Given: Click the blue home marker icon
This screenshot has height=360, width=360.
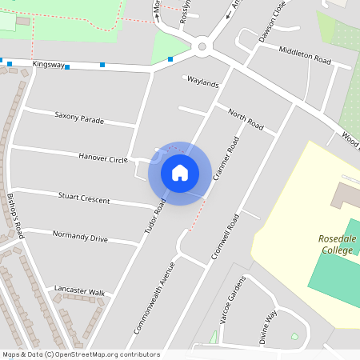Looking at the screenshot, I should tap(180, 173).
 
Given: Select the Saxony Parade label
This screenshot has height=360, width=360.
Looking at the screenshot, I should tap(79, 118).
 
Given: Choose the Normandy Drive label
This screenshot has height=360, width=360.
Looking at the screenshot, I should tap(80, 237).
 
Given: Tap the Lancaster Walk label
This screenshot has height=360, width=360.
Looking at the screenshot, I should tap(79, 292).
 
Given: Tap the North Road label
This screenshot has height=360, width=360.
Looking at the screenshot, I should tap(246, 119).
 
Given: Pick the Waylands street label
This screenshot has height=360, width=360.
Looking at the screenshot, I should tap(202, 82).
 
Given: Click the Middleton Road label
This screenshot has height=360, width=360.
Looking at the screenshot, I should tap(305, 55).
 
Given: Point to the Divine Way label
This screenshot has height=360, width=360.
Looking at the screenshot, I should tap(266, 326).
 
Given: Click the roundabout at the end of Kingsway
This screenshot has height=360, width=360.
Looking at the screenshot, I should tap(202, 46).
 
